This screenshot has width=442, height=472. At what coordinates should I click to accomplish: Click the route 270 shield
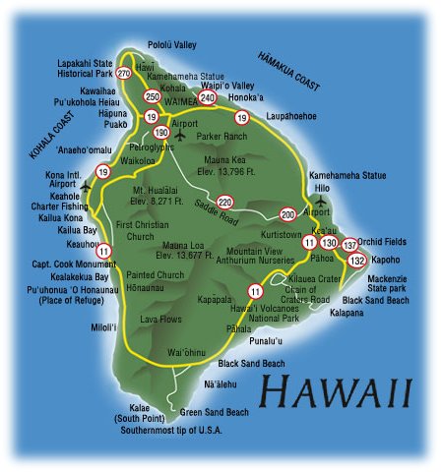coord(123,74)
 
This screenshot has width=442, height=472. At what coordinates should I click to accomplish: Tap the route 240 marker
coord(207,98)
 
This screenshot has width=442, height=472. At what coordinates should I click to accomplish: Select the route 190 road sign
coord(161,132)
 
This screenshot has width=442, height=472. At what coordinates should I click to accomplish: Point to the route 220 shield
coord(225,202)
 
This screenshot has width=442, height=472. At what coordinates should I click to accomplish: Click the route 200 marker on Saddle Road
coord(287,213)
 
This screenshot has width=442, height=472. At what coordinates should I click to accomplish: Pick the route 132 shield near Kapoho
coord(357,260)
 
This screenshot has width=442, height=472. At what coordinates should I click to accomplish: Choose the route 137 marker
coord(350,244)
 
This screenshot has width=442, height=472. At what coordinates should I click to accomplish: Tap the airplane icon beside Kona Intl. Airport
coord(85,185)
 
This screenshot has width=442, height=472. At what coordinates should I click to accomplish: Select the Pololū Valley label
coord(172,45)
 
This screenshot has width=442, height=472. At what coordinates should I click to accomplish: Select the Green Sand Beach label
coord(213,413)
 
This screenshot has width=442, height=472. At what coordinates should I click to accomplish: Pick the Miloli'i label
coord(103,326)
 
